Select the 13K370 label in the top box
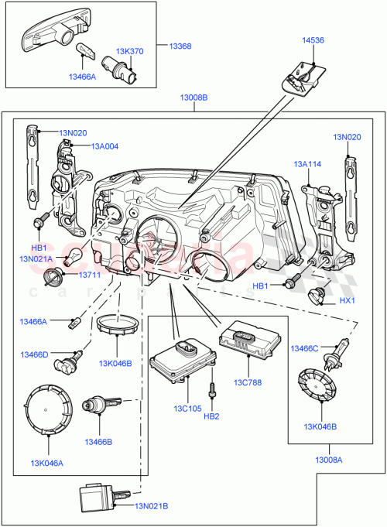130,51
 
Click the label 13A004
104,145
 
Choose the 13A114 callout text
307,164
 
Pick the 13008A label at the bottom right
329,460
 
